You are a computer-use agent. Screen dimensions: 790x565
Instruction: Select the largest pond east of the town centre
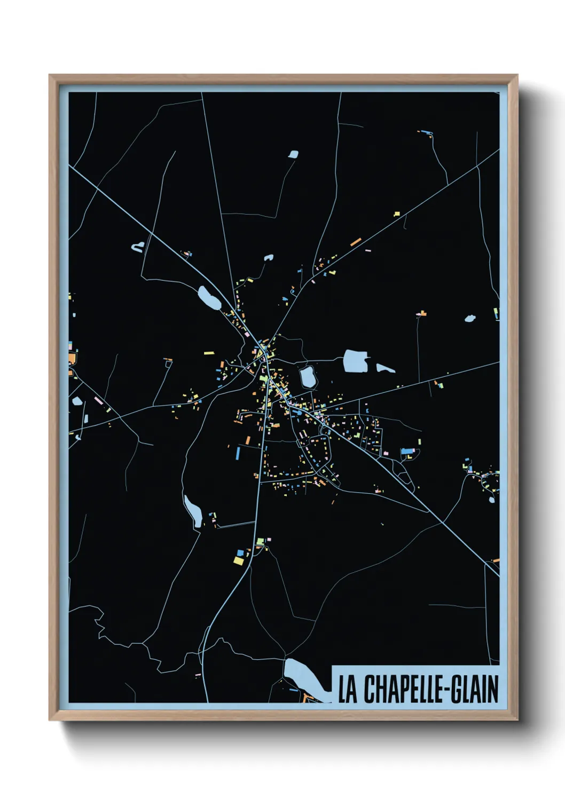(355, 361)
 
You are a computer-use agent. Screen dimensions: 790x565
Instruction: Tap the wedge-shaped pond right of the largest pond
(384, 368)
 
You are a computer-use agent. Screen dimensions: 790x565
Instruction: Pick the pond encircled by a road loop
(308, 377)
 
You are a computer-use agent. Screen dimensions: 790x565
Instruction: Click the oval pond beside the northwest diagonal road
(209, 298)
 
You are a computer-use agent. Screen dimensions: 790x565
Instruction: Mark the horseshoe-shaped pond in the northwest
(138, 247)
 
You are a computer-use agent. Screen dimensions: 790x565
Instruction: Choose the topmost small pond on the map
(293, 154)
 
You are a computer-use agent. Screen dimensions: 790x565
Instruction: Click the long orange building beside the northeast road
(356, 241)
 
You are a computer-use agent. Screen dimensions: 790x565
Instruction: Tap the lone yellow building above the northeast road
(397, 214)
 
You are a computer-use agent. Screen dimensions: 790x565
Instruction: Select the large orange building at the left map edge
(72, 358)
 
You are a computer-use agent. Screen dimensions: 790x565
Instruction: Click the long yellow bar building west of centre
(209, 352)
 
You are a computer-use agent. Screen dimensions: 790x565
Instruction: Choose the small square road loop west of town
(169, 364)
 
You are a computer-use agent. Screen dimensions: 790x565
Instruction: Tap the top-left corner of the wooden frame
(51, 77)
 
